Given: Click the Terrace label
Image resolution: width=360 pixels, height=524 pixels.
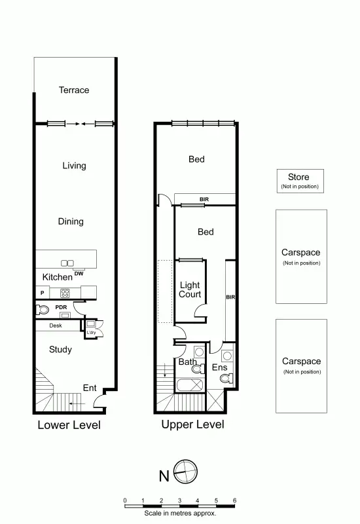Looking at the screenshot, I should [73, 90].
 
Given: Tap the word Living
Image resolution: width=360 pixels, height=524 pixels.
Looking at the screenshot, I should [74, 166].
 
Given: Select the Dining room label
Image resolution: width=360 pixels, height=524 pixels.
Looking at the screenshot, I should [71, 221].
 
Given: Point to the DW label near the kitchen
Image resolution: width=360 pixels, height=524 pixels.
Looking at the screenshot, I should [79, 273].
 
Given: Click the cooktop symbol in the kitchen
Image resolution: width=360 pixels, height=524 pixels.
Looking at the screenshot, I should [65, 293].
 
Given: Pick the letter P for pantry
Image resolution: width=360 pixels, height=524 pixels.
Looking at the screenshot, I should [42, 293].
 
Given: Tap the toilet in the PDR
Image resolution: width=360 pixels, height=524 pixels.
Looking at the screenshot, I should [44, 310].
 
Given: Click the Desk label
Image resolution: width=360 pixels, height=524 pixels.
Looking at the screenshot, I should [56, 326].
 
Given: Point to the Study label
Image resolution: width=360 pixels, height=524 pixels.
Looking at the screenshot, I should [60, 350].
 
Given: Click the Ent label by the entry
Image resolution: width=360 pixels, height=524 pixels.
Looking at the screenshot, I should [90, 388].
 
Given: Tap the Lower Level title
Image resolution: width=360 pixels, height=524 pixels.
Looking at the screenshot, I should [69, 425].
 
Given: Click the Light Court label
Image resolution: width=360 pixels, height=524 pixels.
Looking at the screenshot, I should [190, 290].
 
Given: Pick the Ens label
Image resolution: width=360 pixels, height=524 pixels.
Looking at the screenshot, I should [219, 368].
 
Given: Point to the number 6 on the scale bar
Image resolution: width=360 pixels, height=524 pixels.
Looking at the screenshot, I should [234, 500].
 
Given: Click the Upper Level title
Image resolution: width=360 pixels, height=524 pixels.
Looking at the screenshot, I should [192, 424].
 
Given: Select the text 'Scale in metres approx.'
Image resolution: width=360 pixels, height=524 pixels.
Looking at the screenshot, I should [180, 513].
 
